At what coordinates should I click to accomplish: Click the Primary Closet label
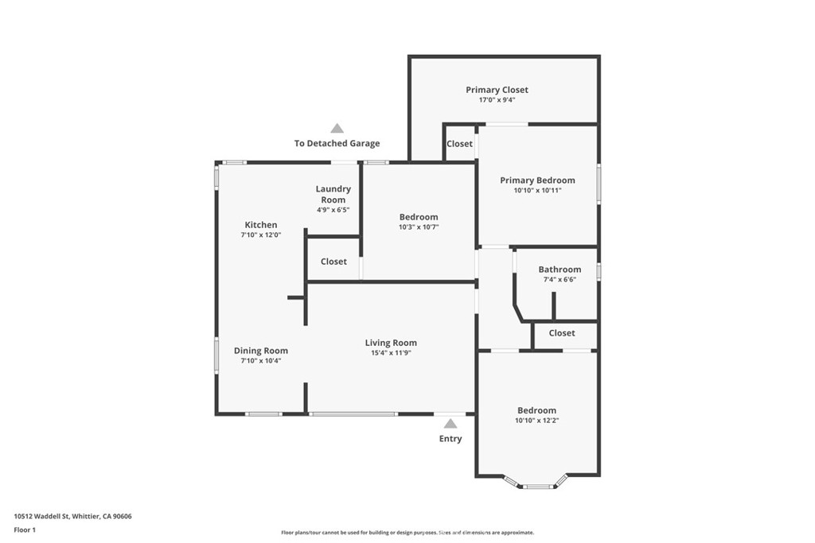(497, 90)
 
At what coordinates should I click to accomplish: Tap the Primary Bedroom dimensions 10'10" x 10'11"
(537, 191)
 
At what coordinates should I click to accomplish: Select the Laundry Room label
(333, 194)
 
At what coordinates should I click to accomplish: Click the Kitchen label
(260, 225)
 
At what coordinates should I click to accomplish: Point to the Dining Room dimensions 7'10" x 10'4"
(260, 361)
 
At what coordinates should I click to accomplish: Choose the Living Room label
(391, 343)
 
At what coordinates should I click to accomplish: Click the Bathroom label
(560, 270)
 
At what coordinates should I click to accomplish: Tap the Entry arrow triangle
(450, 424)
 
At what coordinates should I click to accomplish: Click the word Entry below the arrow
(450, 439)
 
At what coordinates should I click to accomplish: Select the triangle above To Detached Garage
(337, 128)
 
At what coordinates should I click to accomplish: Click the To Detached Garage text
(337, 144)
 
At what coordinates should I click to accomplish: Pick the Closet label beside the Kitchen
(333, 262)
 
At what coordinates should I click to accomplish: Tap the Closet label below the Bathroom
(562, 333)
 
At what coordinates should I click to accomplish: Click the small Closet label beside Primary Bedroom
(459, 144)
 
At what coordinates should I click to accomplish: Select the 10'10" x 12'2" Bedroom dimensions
(537, 421)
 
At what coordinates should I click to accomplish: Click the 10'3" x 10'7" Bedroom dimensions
(419, 227)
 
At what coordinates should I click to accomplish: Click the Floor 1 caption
(25, 529)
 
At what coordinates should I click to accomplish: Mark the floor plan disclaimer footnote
(407, 533)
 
